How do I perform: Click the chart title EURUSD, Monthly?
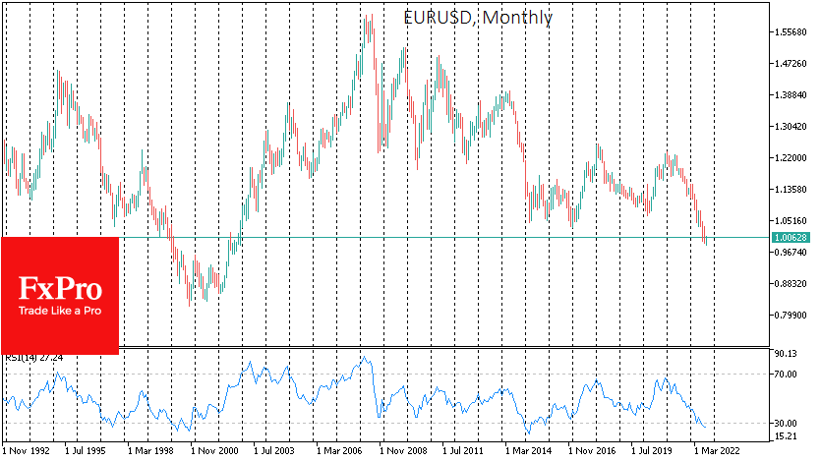coord(478,18)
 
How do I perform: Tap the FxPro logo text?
coord(59,289)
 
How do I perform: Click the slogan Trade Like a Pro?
coord(59,312)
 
